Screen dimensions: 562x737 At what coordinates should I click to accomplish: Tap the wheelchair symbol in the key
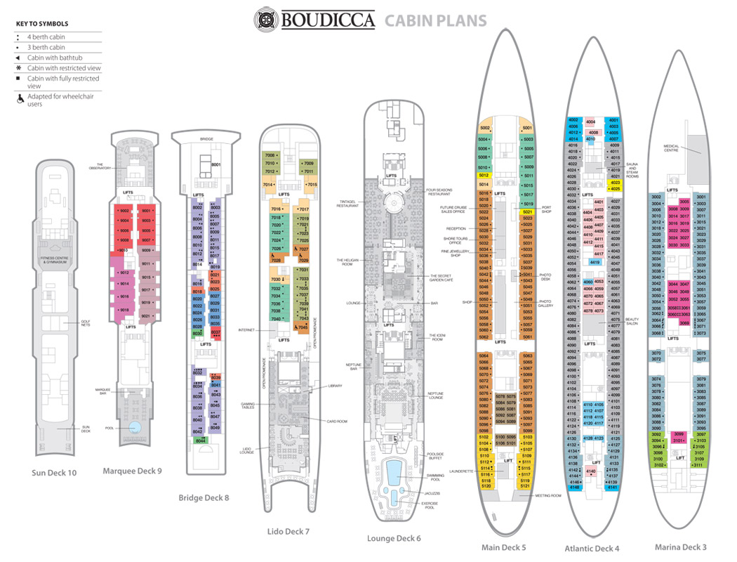pyautogui.click(x=20, y=99)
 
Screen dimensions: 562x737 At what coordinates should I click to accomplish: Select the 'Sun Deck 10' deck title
pyautogui.click(x=54, y=473)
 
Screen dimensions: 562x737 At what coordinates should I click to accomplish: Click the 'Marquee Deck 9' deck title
pyautogui.click(x=132, y=470)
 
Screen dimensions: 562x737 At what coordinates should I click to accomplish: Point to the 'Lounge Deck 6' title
pyautogui.click(x=394, y=539)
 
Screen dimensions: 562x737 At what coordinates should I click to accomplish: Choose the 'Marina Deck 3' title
pyautogui.click(x=680, y=547)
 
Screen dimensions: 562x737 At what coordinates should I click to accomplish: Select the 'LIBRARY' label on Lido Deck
pyautogui.click(x=334, y=386)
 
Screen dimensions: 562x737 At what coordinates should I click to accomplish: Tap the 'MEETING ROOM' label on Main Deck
pyautogui.click(x=547, y=495)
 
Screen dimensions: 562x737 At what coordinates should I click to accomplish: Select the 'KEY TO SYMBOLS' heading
pyautogui.click(x=41, y=23)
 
